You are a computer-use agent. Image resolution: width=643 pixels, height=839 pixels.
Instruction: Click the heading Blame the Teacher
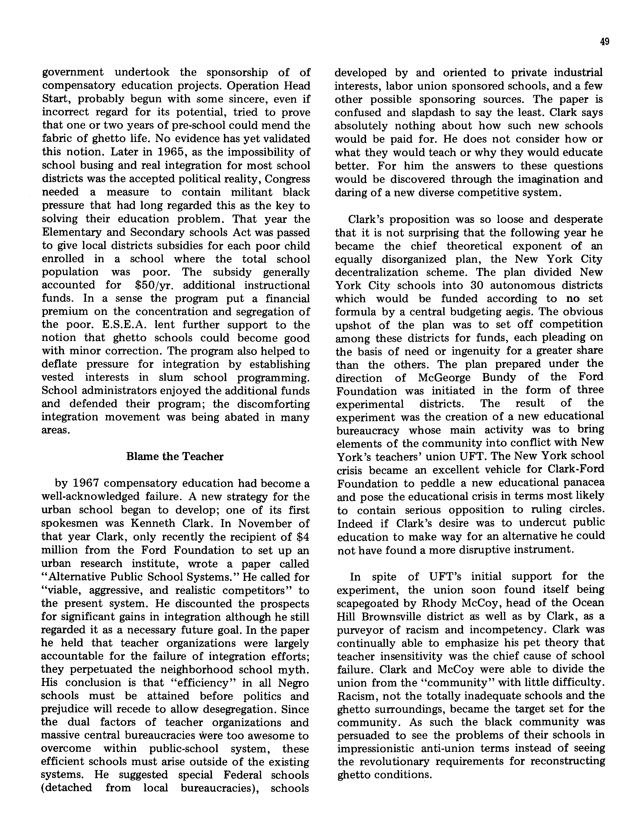[x=175, y=456]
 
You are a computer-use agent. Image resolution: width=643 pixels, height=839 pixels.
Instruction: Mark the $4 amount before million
[x=303, y=537]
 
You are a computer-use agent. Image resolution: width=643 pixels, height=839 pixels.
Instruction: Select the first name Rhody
[x=439, y=603]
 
